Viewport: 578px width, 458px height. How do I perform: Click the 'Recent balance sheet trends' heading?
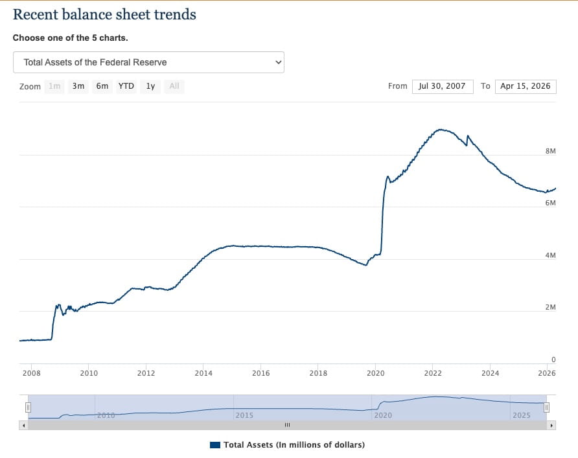(104, 14)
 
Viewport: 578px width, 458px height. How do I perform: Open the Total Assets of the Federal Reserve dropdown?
(148, 62)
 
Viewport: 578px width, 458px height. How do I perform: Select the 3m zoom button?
(78, 86)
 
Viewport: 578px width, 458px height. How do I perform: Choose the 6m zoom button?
(102, 86)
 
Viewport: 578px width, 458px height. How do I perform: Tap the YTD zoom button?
(126, 86)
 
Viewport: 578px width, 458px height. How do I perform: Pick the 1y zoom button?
(150, 86)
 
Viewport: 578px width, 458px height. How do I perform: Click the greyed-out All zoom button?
(174, 86)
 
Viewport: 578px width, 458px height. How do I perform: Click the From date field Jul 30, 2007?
(442, 86)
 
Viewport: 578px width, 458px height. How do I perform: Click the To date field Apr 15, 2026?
(525, 86)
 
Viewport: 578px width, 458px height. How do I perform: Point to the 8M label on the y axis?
(551, 151)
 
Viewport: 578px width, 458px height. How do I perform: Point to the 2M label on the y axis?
(551, 307)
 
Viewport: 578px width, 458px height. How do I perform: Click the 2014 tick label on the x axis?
(203, 373)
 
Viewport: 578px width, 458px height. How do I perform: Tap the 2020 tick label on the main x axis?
(376, 373)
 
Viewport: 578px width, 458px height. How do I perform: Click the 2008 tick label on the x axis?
(31, 373)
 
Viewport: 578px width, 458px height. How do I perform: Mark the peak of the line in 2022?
(441, 130)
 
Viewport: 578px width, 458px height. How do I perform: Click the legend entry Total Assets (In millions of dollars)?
(287, 445)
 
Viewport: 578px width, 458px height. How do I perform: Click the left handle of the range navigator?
(28, 407)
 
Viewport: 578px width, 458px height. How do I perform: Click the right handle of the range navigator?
(546, 407)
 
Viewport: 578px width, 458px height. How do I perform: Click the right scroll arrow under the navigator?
(552, 426)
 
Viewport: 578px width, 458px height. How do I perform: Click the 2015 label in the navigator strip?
(244, 415)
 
